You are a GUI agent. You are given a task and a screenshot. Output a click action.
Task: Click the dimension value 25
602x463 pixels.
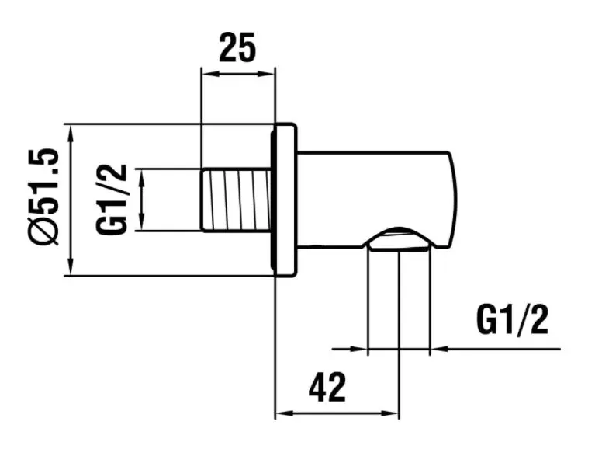(237, 48)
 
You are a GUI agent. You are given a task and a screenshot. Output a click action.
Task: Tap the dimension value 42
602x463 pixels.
(327, 387)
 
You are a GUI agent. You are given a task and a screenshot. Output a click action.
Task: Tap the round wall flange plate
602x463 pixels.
(284, 200)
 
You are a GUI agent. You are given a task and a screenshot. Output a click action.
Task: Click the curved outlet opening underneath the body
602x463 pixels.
(399, 241)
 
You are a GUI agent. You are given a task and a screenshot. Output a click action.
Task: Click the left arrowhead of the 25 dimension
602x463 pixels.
(207, 74)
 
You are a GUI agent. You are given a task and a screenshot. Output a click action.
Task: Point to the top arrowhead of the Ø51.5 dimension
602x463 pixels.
(71, 130)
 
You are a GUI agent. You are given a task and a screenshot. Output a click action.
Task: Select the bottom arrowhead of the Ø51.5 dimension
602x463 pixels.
(71, 269)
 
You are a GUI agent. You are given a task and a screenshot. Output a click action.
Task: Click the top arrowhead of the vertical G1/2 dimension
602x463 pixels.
(141, 174)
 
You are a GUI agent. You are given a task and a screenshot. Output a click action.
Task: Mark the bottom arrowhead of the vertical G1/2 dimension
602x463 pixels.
(141, 225)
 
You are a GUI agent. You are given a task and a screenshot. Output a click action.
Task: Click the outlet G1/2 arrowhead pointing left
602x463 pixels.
(437, 350)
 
